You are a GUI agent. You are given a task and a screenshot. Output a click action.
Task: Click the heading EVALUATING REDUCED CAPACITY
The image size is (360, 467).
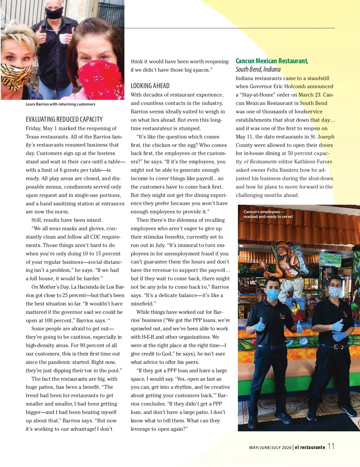point(64,119)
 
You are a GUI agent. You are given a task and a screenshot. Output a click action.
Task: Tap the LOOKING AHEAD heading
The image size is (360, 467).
point(150,86)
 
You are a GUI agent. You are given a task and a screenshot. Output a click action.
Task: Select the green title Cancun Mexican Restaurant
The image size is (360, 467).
point(271,61)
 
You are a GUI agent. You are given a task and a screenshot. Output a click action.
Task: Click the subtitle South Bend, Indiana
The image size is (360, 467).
point(258,69)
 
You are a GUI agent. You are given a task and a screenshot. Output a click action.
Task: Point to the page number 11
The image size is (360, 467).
point(331,446)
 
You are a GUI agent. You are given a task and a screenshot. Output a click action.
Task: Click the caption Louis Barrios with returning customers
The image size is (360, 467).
point(60,104)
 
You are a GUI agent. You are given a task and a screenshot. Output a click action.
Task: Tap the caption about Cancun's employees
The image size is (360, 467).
point(268,214)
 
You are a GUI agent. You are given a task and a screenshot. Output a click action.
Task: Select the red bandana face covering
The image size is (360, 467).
point(100,79)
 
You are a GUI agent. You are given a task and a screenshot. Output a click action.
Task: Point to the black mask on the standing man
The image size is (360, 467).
point(54,13)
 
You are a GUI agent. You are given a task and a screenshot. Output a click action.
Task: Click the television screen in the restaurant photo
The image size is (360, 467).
point(330,258)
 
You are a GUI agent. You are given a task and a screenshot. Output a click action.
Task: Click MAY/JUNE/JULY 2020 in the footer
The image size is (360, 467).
point(270,448)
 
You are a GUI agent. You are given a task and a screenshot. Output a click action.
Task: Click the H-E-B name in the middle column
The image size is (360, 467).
point(148,337)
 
